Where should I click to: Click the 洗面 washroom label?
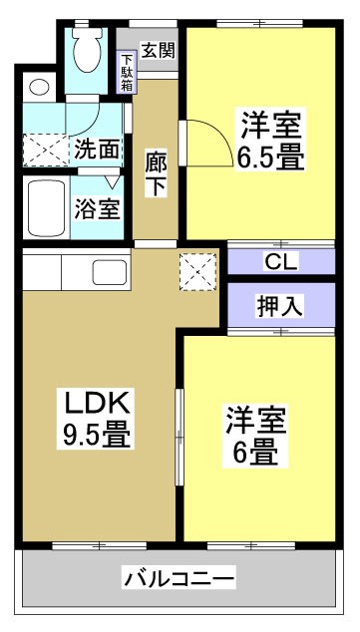[97, 150]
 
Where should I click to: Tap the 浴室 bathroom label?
[97, 209]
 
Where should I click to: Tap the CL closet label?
[280, 263]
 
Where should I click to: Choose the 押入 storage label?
[280, 306]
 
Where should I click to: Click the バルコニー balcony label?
[180, 577]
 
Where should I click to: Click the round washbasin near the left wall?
[38, 87]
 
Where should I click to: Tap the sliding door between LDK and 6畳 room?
[180, 439]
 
